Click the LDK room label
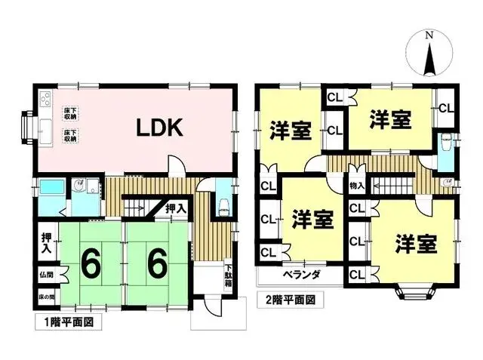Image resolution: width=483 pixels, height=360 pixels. point(160,128)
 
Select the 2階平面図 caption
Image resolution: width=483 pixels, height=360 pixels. point(291,299)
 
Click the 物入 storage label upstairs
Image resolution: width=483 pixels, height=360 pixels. point(357,185)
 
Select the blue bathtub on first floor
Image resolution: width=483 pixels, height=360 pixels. point(51,187)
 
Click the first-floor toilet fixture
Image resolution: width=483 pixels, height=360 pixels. point(222,205)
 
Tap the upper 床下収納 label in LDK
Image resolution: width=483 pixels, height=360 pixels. point(71,115)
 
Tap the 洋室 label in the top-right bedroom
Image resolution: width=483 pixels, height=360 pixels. point(390,118)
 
